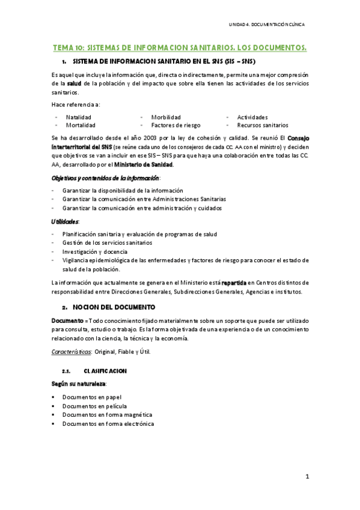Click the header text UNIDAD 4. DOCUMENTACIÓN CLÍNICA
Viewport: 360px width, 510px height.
267,25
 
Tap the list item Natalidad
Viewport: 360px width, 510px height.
79,117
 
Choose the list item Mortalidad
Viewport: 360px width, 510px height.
81,125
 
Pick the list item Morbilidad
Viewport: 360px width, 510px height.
166,117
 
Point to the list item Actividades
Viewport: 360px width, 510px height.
252,117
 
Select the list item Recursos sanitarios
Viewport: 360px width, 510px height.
262,125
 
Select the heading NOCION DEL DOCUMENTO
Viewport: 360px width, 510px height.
108,306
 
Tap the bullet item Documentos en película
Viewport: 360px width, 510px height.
94,406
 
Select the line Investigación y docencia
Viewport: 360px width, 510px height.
95,251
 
